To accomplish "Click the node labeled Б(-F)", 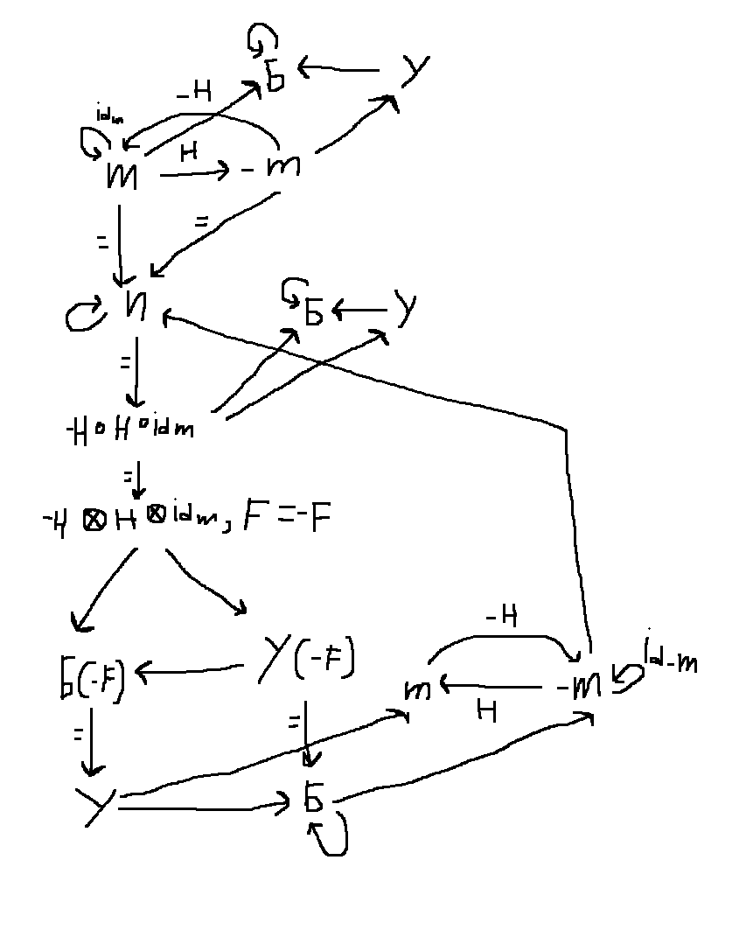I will (x=87, y=679).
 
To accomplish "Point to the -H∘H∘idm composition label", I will (x=129, y=428).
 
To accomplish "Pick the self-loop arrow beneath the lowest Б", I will (x=333, y=836).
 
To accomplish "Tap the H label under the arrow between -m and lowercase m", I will (x=487, y=711).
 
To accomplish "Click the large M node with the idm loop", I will (x=120, y=175).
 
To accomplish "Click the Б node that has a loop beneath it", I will (x=313, y=800).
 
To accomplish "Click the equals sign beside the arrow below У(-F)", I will (x=293, y=722).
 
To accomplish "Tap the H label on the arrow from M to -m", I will (x=187, y=152).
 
